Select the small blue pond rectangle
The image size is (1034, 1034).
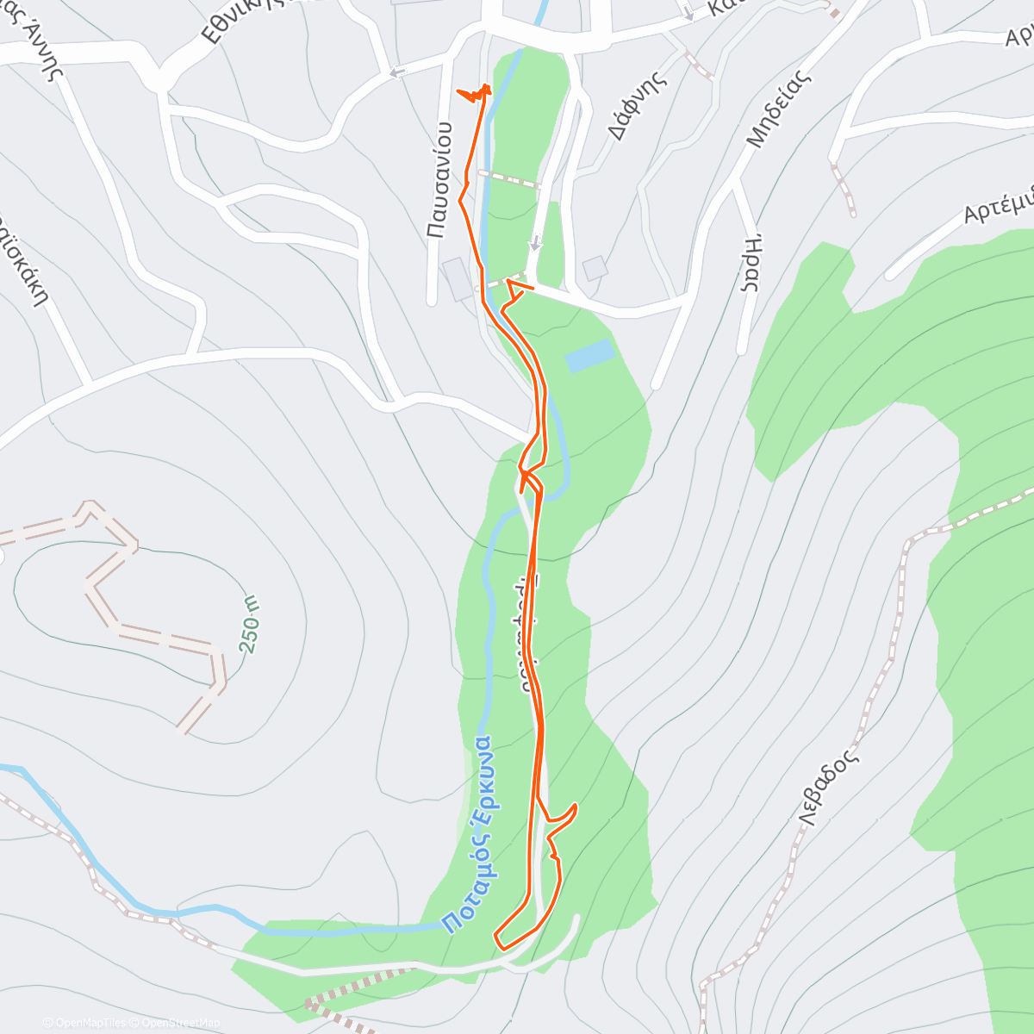click(x=590, y=355)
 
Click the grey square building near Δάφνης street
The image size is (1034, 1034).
click(x=595, y=268)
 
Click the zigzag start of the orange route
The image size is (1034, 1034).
click(x=473, y=93)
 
